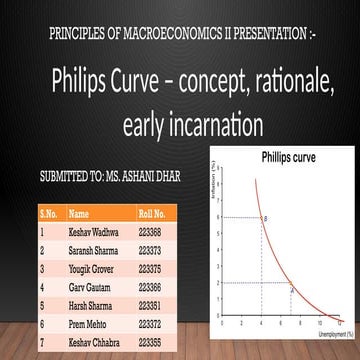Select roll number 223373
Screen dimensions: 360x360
(x=150, y=247)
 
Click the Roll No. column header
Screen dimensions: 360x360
(x=151, y=213)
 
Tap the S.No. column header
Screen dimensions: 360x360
(x=49, y=213)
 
